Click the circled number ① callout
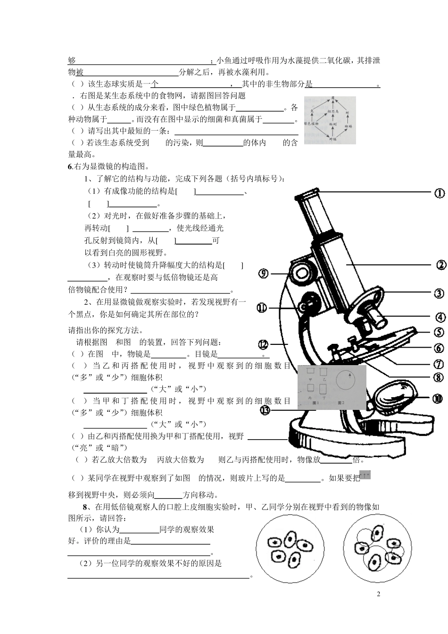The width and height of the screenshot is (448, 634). pyautogui.click(x=439, y=193)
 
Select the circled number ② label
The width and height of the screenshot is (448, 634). pyautogui.click(x=441, y=265)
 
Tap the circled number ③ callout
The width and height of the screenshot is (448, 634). pyautogui.click(x=439, y=293)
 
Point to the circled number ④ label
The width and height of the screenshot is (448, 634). pyautogui.click(x=440, y=317)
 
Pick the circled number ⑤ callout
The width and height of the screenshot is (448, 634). pyautogui.click(x=439, y=333)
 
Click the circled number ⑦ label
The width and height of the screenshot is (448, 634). pyautogui.click(x=439, y=364)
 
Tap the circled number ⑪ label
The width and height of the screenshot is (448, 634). pyautogui.click(x=262, y=308)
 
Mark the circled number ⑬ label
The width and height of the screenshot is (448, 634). pyautogui.click(x=265, y=410)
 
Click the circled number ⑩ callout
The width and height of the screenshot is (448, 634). pyautogui.click(x=438, y=399)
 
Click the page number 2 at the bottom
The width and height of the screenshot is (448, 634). pyautogui.click(x=378, y=593)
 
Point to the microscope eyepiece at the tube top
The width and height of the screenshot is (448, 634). pyautogui.click(x=307, y=193)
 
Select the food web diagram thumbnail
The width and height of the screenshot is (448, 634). pyautogui.click(x=330, y=120)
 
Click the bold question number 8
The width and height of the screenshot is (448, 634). pyautogui.click(x=85, y=507)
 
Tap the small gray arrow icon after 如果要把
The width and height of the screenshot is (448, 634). pyautogui.click(x=365, y=475)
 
